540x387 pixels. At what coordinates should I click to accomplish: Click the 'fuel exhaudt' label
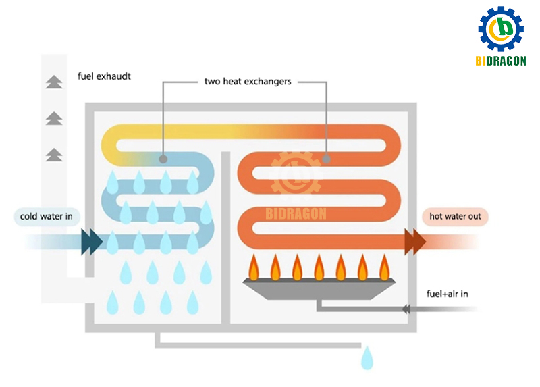pos(104,76)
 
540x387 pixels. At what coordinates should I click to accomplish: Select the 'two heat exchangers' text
pos(248,82)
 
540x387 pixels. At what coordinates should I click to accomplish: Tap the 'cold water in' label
pos(46,217)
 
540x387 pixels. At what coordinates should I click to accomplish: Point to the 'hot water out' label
pos(455,217)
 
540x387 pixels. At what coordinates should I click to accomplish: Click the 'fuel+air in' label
pos(448,294)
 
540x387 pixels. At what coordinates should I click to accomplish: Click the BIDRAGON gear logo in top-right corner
pos(501,29)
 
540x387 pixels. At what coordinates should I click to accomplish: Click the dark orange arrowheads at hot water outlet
pos(415,241)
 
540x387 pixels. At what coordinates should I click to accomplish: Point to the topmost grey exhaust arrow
pos(53,82)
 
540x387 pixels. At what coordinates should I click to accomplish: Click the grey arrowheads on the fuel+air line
pos(406,309)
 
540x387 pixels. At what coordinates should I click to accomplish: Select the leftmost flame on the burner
pos(254,267)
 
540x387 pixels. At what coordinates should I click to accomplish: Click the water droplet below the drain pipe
pos(367,358)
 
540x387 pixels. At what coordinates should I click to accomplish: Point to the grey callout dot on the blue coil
pos(163,159)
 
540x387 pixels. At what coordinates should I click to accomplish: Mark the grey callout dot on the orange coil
pos(326,159)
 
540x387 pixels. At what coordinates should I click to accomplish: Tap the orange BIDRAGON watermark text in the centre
pos(295,214)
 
